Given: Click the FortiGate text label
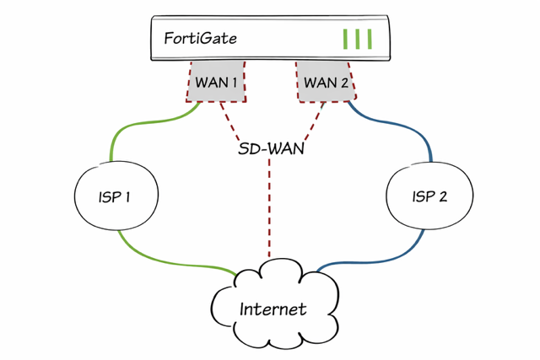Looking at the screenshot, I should [x=201, y=39].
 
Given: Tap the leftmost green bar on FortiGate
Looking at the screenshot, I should [x=346, y=39].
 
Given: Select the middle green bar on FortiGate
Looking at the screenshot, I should [x=358, y=39].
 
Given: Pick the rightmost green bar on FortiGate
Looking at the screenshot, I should [x=370, y=39].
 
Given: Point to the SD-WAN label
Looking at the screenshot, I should [x=270, y=149].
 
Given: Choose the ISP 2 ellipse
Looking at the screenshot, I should [x=429, y=196].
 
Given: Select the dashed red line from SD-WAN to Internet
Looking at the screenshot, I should [x=270, y=211].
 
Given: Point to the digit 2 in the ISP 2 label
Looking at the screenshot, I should [x=443, y=197].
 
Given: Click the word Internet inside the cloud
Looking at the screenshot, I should [x=273, y=309].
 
